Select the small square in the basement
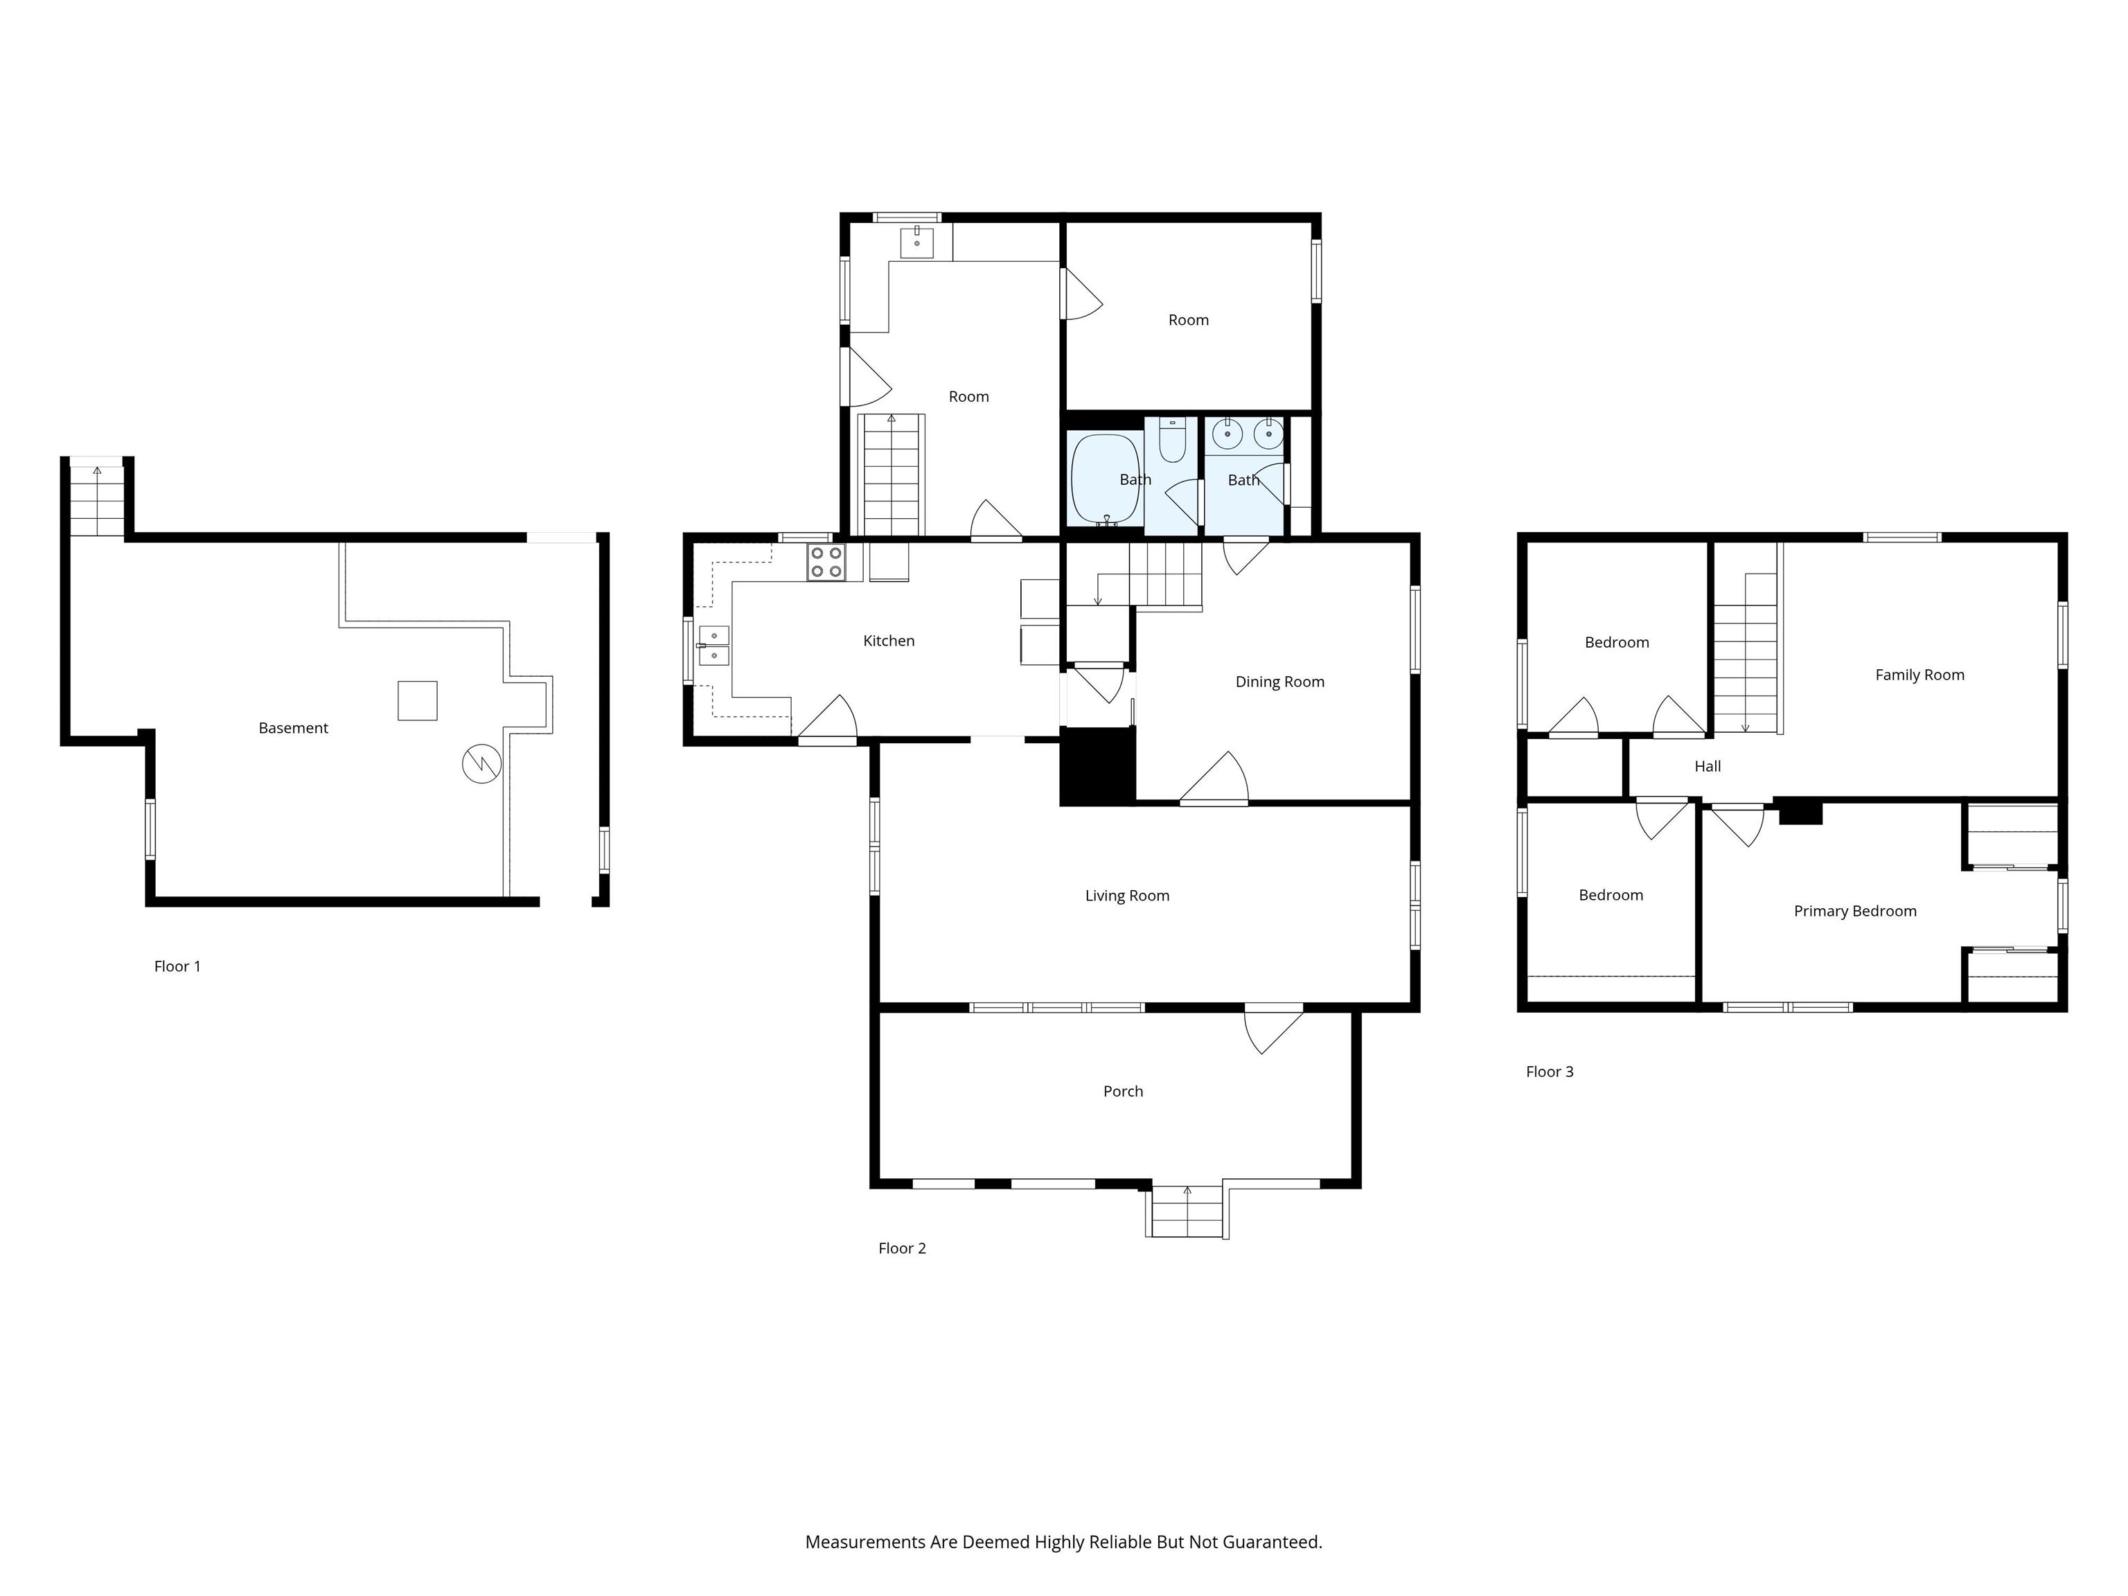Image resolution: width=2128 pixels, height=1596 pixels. pos(418,700)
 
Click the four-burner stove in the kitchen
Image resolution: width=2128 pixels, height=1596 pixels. pos(826,562)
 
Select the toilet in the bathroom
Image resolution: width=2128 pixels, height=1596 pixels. pos(1172,443)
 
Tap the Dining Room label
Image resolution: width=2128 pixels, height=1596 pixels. pos(1279,682)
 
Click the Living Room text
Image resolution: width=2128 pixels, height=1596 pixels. pos(1126,896)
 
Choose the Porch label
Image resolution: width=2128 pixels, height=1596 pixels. pos(1123,1091)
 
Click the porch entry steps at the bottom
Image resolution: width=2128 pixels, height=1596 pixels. pos(1187,1213)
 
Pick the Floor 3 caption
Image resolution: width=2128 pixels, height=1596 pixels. pos(1549,1072)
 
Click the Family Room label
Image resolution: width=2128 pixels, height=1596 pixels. pos(1919,675)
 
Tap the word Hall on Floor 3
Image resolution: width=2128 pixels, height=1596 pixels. pos(1707,767)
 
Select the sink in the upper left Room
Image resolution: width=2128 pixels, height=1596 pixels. pos(917,242)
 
